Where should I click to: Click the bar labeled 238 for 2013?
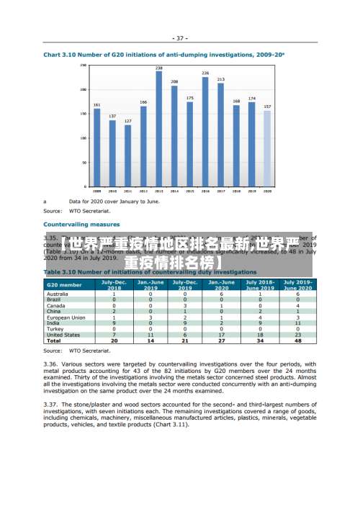click(159, 130)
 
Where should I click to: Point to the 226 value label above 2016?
click(205, 73)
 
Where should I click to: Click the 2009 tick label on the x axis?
click(96, 192)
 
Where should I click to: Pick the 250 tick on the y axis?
click(84, 66)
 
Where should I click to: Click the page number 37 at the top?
click(180, 37)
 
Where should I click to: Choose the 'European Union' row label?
click(66, 317)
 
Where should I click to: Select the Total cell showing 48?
click(297, 341)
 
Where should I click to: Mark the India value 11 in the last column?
click(297, 323)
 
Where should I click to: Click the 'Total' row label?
click(54, 341)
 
